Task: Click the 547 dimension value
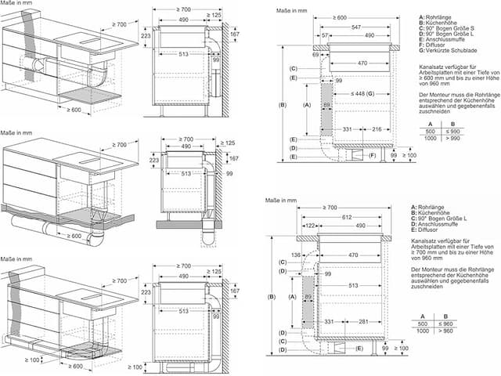tap(357, 27)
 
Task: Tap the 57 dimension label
tap(324, 36)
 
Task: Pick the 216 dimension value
tap(377, 129)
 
